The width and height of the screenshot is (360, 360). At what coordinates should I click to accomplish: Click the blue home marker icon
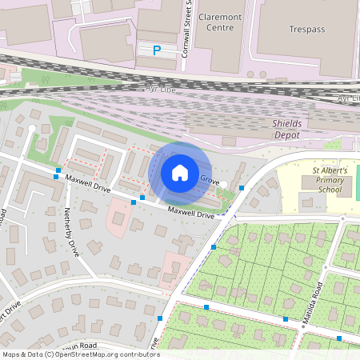click(x=180, y=172)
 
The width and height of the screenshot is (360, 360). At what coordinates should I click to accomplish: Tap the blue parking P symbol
click(x=157, y=50)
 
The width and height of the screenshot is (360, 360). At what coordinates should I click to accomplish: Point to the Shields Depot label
click(x=297, y=130)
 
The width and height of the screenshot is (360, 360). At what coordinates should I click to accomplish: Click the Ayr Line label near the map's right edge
click(x=346, y=98)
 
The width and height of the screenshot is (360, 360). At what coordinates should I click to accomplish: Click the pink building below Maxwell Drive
click(x=119, y=214)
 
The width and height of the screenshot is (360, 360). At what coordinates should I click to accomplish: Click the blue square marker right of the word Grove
click(x=241, y=187)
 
